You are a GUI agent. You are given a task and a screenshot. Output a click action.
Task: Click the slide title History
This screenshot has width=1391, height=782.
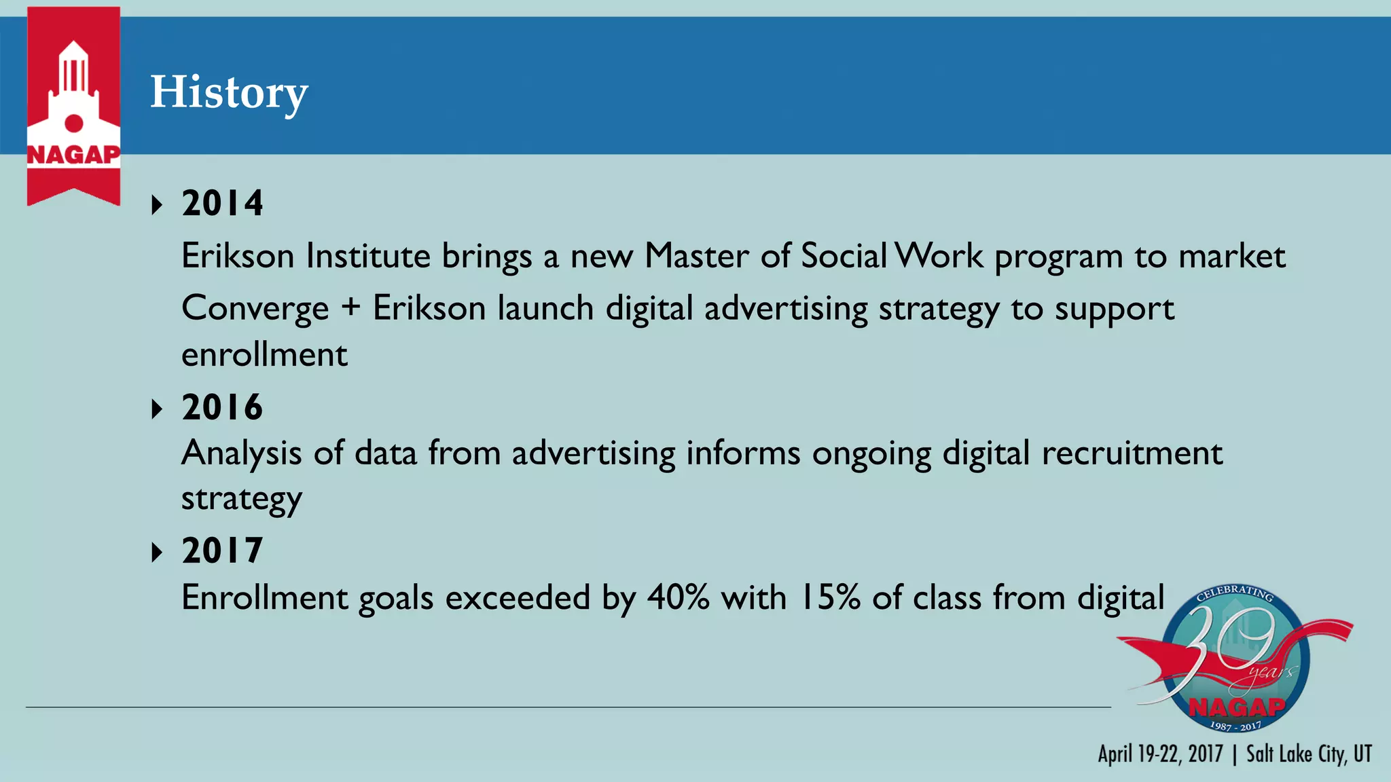(229, 92)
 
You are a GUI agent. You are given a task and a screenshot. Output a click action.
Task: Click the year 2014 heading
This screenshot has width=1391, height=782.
(222, 203)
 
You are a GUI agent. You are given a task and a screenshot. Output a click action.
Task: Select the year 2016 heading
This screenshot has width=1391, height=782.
(222, 407)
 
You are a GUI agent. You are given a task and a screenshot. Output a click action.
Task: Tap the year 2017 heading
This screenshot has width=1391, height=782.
(222, 550)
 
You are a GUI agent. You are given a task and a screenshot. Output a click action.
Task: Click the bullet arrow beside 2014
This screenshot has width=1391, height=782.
(158, 204)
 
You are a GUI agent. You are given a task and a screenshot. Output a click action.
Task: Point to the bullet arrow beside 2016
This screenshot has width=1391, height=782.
(158, 409)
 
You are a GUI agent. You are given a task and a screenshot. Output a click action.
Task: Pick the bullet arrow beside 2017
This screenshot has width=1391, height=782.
(158, 552)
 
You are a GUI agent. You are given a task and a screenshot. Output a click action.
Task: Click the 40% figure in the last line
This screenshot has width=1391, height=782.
(678, 598)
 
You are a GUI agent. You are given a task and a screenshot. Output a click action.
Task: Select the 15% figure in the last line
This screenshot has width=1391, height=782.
(831, 598)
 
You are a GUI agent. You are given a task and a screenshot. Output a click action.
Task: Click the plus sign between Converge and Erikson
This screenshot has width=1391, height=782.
(350, 307)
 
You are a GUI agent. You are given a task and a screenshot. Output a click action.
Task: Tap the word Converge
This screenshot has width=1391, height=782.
(255, 309)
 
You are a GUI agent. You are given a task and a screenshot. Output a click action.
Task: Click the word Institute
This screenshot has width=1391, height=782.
(367, 256)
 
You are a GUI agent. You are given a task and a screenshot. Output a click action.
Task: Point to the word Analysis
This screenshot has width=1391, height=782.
(241, 453)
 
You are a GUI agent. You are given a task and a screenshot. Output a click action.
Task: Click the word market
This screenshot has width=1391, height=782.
(1231, 257)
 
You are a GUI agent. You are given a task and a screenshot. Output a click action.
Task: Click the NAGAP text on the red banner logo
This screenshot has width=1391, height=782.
(73, 155)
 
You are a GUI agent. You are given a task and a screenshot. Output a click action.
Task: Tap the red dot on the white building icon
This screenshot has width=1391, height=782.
(73, 123)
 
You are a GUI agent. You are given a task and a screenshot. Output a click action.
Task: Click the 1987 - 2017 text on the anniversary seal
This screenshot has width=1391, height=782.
(1235, 726)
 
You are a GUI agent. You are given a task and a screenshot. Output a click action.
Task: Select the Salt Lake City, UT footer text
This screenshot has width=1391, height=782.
(1309, 754)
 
